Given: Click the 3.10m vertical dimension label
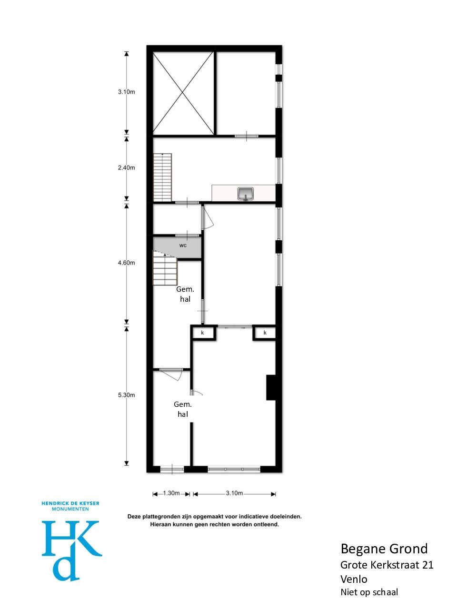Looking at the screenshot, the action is point(126,92).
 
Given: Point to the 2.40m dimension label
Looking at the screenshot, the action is point(126,167).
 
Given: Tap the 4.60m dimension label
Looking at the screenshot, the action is point(126,263).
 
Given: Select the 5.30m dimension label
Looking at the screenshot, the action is point(126,395).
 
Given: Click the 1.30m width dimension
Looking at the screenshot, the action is point(171,493).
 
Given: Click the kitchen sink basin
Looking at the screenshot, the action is point(245,193).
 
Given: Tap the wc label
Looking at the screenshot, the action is point(183,245).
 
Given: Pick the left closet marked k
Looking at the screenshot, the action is point(203,333).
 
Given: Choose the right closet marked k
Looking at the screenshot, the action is point(264,333).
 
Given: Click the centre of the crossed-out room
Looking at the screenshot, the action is point(183,93).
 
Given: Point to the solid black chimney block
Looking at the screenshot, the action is point(271,387).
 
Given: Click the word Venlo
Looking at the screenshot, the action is point(354,579).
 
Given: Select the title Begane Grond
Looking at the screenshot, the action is point(384,549).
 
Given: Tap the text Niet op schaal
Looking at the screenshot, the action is point(369,592).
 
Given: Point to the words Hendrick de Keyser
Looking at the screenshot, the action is point(70,503).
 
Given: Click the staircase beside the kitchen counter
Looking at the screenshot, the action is point(162,177).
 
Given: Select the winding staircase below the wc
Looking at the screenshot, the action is point(165,268).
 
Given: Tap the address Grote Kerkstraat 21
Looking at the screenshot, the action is point(387,565).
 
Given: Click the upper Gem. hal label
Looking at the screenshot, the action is point(185,294).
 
